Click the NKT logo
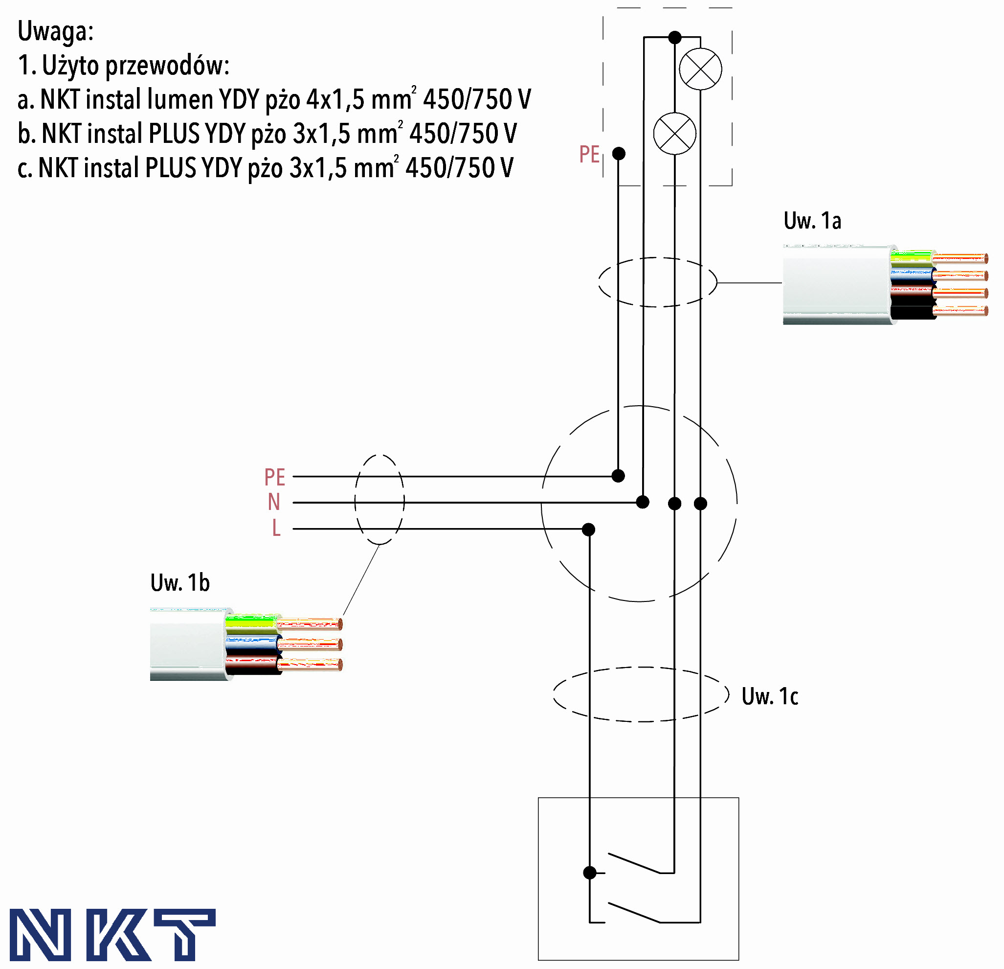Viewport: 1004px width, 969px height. coord(112,934)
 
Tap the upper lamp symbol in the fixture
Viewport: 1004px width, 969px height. coord(700,69)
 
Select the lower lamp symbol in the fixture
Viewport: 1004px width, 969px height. coord(674,134)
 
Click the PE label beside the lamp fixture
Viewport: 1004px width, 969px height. coord(589,154)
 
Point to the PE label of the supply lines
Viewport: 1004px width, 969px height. coord(274,477)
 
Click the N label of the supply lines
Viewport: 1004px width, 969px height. coord(274,503)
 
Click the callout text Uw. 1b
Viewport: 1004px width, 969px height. coord(180,583)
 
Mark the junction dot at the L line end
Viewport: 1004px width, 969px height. coord(589,530)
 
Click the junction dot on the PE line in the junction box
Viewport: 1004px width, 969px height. coord(618,476)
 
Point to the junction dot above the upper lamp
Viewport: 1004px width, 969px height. coord(675,37)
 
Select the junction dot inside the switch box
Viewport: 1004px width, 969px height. coord(590,873)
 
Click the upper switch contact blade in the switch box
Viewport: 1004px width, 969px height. coord(634,863)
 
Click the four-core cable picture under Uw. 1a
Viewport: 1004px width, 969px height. coord(885,285)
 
